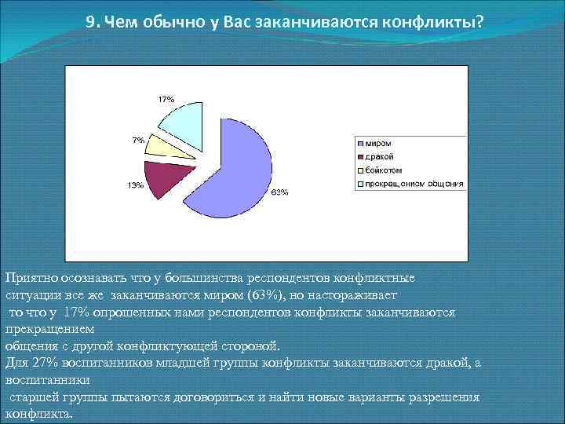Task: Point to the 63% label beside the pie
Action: click(280, 192)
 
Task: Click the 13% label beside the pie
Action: click(135, 185)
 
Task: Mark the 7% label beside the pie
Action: click(137, 140)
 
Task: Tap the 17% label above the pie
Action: click(166, 99)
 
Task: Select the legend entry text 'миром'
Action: click(378, 143)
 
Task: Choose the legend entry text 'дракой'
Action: click(380, 156)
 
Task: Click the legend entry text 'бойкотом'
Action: click(384, 170)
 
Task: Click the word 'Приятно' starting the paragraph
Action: click(27, 278)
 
